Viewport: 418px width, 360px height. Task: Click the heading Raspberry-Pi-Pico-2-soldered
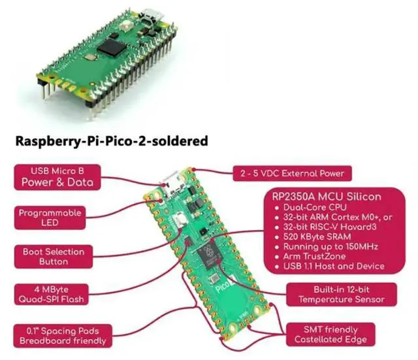tap(111, 140)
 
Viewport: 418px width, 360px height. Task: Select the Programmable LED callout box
tap(50, 217)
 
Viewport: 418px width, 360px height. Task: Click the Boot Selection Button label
tap(54, 256)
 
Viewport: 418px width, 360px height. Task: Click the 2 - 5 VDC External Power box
tap(293, 174)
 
